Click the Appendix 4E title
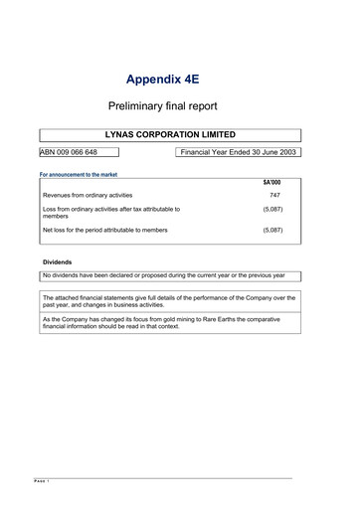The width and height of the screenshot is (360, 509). pyautogui.click(x=169, y=79)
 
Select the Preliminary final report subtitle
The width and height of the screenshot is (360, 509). pyautogui.click(x=169, y=104)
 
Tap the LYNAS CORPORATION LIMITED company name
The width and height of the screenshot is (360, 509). pyautogui.click(x=170, y=133)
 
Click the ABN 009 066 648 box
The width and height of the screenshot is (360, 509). pyautogui.click(x=76, y=153)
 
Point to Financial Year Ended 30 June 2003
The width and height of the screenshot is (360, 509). pyautogui.click(x=239, y=153)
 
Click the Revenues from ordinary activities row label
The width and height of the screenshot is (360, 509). pyautogui.click(x=88, y=196)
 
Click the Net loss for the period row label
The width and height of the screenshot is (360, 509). pyautogui.click(x=105, y=230)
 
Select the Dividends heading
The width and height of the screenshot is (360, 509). pyautogui.click(x=57, y=262)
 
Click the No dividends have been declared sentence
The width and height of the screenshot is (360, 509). pyautogui.click(x=164, y=275)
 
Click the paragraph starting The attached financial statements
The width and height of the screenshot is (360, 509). pyautogui.click(x=169, y=301)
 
